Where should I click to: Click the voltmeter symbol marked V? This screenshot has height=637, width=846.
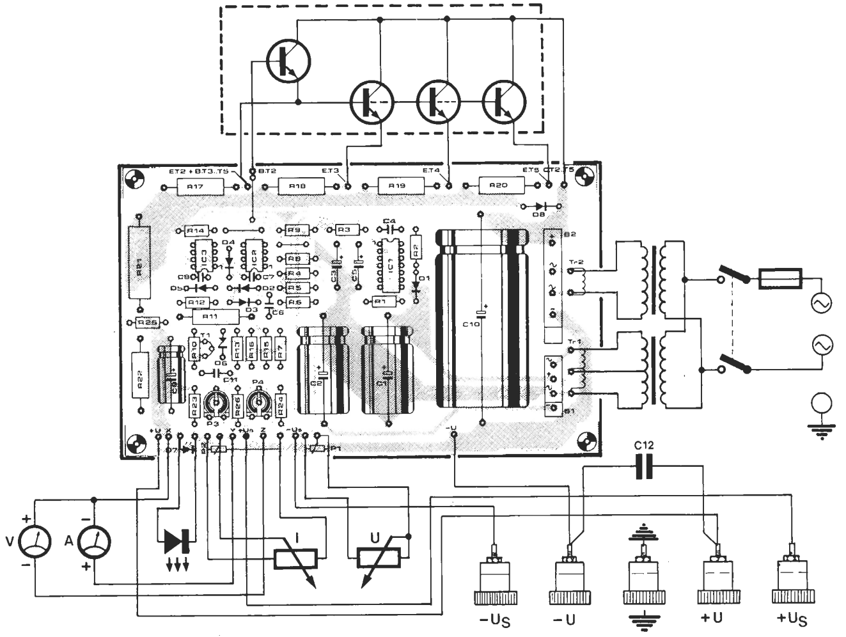pyautogui.click(x=36, y=544)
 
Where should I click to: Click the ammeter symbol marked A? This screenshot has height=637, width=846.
pyautogui.click(x=94, y=544)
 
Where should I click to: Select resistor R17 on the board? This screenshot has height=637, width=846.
pyautogui.click(x=196, y=187)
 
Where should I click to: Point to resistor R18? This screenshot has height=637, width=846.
pyautogui.click(x=297, y=186)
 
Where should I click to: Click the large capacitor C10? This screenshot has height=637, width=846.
pyautogui.click(x=482, y=320)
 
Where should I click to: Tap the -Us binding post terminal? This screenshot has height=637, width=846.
pyautogui.click(x=495, y=579)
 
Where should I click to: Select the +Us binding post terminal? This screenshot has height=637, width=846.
pyautogui.click(x=794, y=579)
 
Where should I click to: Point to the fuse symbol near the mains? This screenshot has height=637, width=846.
pyautogui.click(x=779, y=279)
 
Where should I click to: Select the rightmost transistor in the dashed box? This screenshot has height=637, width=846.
pyautogui.click(x=504, y=101)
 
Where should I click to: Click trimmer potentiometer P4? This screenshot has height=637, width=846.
pyautogui.click(x=258, y=403)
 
